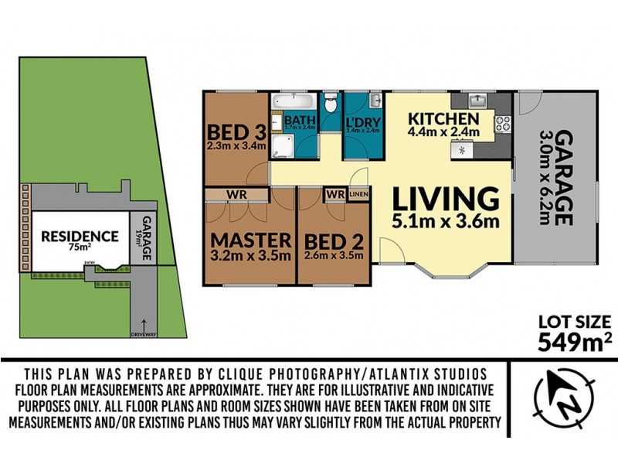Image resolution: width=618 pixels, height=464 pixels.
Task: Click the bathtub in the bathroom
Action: [293, 102]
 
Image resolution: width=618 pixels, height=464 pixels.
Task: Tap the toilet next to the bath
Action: [330, 102]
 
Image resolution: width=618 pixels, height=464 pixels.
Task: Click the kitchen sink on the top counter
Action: [477, 101]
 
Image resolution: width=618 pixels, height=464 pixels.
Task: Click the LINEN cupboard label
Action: [358, 193]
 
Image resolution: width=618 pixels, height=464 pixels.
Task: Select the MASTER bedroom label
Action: [252, 239]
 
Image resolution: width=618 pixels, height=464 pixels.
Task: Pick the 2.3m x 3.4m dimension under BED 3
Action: [236, 145]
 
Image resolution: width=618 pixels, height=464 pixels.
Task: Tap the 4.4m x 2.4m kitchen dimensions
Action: [445, 132]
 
